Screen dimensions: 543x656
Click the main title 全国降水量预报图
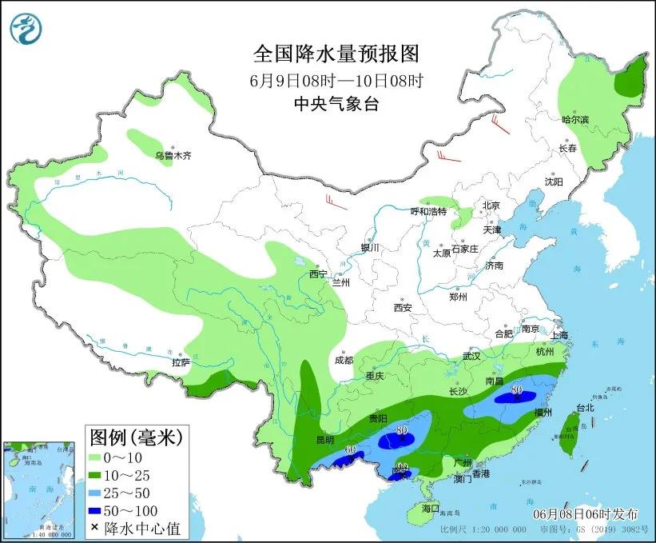336,54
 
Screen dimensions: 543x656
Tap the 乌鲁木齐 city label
173,156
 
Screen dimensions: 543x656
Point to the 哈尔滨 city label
574,119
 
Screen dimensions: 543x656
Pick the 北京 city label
491,206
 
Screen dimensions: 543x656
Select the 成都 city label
344,360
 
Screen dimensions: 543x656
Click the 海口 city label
431,508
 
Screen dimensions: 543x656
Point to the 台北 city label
585,407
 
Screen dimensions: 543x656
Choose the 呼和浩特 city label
430,211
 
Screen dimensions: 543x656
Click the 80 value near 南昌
517,390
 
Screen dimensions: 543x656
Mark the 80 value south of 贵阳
401,430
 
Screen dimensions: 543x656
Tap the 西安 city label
402,308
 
